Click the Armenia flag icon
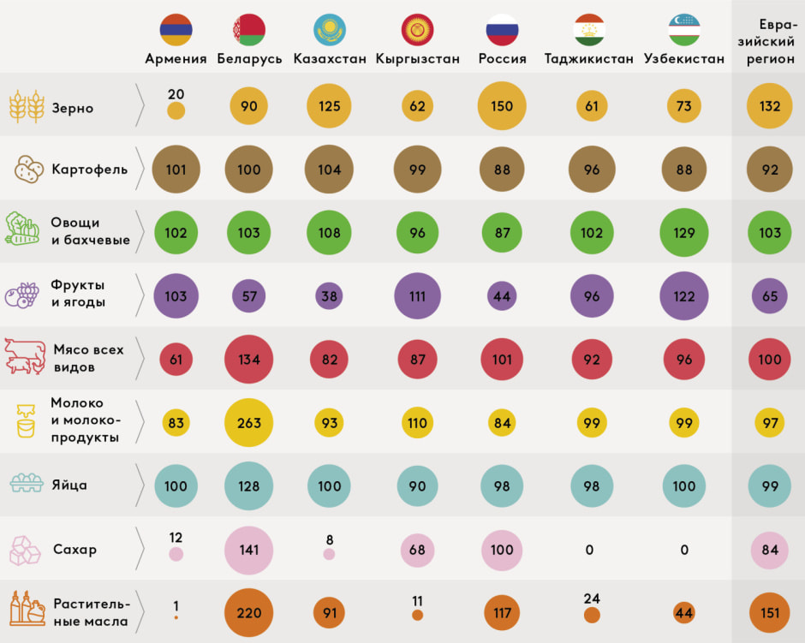(x=176, y=30)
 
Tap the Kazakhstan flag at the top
(x=330, y=30)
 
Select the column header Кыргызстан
(x=417, y=59)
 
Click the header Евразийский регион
(x=770, y=42)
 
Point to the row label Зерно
(x=72, y=109)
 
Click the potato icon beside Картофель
(x=29, y=169)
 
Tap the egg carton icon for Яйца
(x=27, y=485)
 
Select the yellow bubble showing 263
(x=249, y=423)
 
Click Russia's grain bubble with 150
(x=502, y=106)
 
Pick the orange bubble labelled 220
(x=249, y=613)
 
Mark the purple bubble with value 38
(x=329, y=296)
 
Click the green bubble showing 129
(x=683, y=232)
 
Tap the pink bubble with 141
(x=249, y=550)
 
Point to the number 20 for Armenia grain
(x=176, y=94)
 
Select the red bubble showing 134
(x=249, y=360)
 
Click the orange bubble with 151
(x=770, y=613)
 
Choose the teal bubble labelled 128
(x=249, y=486)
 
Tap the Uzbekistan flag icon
(x=683, y=30)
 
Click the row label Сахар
(x=75, y=549)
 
